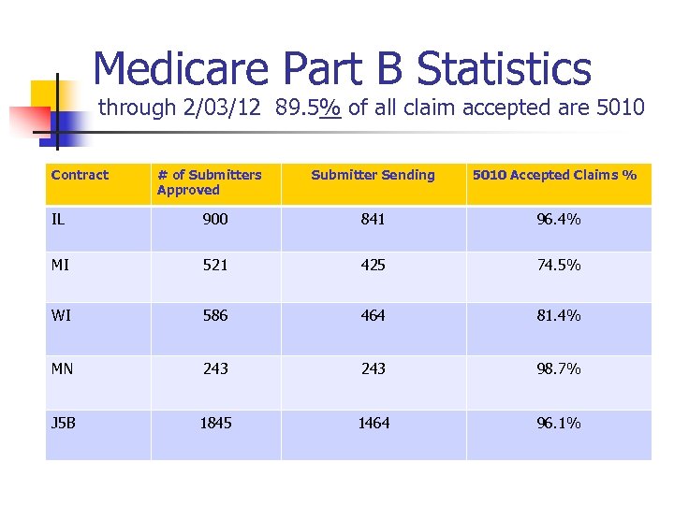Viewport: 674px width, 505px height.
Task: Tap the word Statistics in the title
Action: coord(504,68)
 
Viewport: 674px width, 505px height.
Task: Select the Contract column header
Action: coord(80,175)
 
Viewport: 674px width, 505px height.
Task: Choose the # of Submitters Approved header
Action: coord(209,182)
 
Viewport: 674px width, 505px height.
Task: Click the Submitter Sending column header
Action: coord(373,175)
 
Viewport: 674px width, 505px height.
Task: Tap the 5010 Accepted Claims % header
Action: coord(554,175)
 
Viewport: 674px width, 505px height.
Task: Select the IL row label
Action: coord(58,220)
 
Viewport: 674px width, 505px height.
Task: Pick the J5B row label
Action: coord(64,423)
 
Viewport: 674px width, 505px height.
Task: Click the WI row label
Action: coord(60,316)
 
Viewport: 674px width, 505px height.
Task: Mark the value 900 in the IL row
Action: coord(215,220)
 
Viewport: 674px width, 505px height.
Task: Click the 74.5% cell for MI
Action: coord(558,265)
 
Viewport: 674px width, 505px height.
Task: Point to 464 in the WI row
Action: coord(373,316)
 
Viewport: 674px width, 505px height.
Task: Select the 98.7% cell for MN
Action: coord(558,369)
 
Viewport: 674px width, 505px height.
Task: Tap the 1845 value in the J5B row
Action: coord(215,423)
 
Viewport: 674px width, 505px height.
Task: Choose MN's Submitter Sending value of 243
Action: coord(373,369)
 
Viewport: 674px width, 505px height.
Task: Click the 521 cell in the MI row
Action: coord(215,265)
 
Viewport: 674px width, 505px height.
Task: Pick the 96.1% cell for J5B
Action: coord(558,423)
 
